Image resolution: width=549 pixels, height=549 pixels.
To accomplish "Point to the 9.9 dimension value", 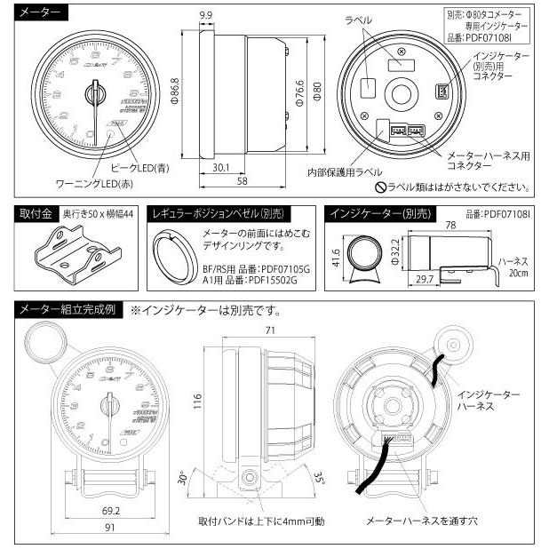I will pos(205,15).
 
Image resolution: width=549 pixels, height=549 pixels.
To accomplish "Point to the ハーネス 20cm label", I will pos(513,268).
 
